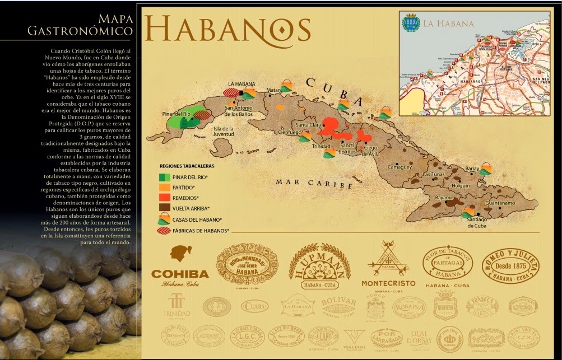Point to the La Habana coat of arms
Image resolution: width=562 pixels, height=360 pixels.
[411, 24]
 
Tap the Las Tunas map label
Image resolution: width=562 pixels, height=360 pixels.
[435, 175]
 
